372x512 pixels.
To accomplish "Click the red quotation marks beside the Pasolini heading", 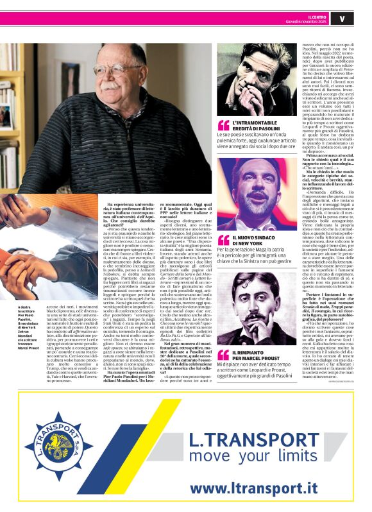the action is point(223,124).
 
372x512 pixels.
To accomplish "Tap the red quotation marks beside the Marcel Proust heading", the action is point(223,355).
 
